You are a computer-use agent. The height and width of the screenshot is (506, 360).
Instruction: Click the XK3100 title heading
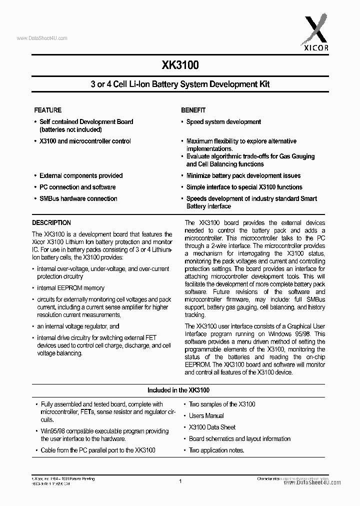pos(180,65)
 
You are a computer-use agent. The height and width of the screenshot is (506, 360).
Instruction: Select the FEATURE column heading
pos(47,110)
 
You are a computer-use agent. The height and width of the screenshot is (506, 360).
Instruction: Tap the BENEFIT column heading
pos(193,110)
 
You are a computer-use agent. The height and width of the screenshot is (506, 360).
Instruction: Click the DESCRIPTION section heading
pos(51,223)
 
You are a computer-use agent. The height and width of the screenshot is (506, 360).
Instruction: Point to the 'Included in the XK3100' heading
pos(178,390)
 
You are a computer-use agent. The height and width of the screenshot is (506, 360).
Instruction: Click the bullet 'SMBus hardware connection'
pos(78,198)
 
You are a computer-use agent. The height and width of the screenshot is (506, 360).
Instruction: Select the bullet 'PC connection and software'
pos(77,187)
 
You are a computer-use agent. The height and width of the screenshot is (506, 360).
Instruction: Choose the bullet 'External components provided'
pos(81,175)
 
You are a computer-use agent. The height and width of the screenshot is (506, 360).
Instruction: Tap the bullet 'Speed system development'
pos(223,121)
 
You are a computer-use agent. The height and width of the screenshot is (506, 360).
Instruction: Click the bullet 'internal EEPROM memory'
pos(70,288)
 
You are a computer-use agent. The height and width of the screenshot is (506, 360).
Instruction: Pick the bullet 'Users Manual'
pos(206,415)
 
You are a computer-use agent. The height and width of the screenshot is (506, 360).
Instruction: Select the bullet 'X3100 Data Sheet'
pos(212,427)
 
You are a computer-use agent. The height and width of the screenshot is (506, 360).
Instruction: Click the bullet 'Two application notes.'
pos(216,450)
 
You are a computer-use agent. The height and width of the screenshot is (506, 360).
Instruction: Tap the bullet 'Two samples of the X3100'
pos(221,404)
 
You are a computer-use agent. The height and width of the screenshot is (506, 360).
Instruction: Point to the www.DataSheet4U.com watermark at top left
pos(42,38)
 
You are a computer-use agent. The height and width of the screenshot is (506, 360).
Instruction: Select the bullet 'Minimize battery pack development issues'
pos(243,175)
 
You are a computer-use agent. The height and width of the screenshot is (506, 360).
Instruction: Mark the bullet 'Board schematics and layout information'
pos(239,438)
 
